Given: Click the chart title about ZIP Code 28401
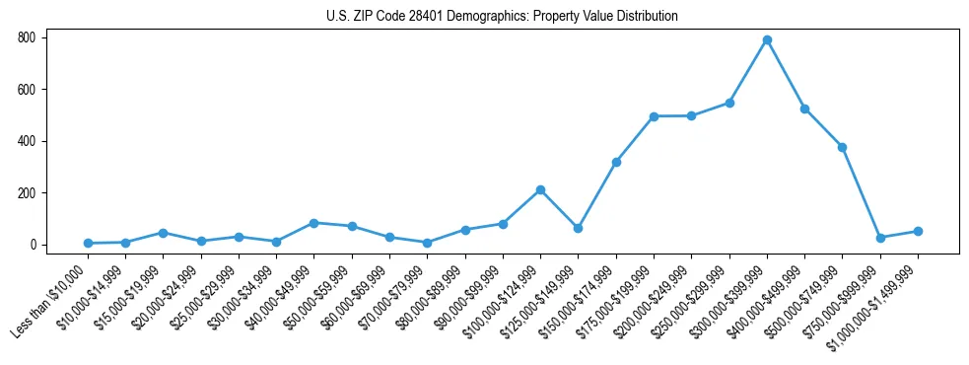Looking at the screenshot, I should coord(502,17).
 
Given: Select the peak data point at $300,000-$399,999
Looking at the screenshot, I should coord(767,40).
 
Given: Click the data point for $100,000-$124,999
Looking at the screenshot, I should coord(540,189).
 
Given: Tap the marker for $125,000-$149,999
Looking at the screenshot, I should coord(578,228).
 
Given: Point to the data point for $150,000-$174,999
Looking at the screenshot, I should coord(616,162).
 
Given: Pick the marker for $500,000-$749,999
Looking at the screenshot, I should coord(842,147).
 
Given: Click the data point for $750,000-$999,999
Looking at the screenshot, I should coord(880,238).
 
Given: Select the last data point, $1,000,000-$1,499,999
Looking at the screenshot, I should coord(918,231).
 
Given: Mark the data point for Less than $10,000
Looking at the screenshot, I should coord(88,243).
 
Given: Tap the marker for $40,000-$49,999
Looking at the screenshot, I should coord(313,223).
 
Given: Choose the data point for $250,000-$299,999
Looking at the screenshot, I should coord(729,103).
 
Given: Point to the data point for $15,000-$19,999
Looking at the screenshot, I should coord(163,233).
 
